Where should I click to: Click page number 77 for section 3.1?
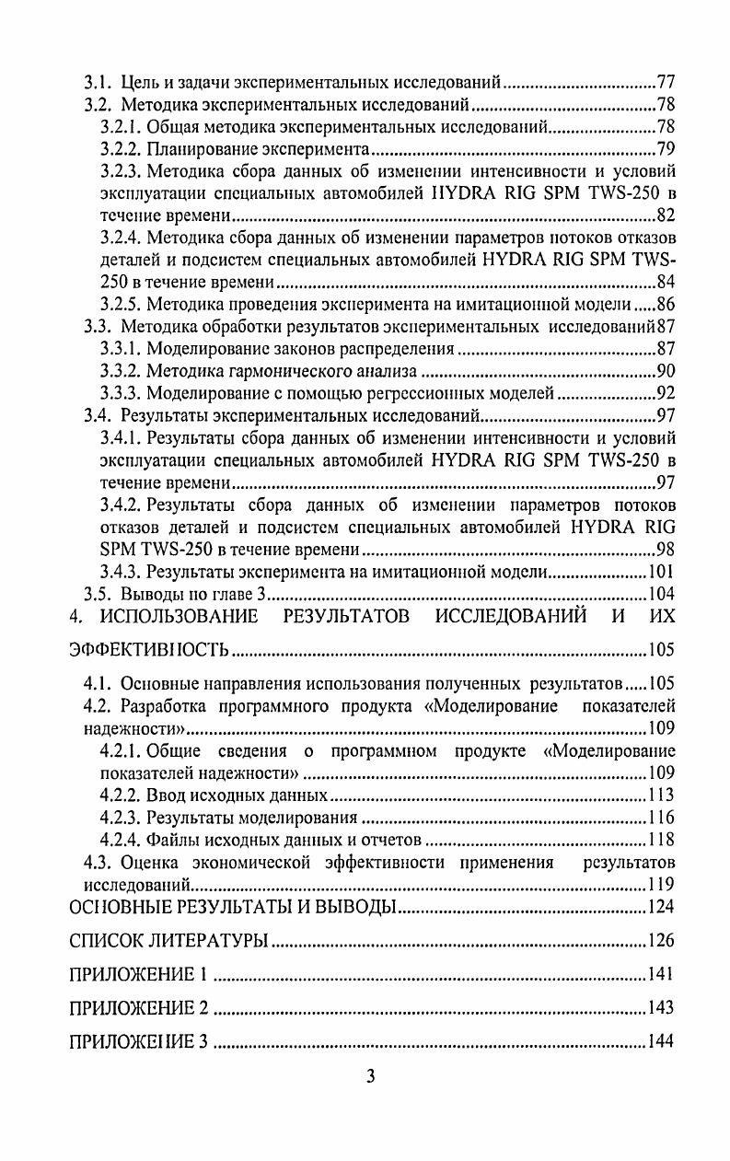(665, 81)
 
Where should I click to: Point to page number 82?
(665, 215)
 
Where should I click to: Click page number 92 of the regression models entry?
(665, 394)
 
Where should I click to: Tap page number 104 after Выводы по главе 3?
(661, 594)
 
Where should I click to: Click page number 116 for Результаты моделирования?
(661, 818)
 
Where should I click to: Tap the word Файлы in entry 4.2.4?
(170, 840)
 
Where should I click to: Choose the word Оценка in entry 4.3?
(146, 863)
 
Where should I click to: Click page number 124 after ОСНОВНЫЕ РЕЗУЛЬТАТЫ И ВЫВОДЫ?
(661, 908)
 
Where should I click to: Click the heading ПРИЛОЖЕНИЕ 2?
(139, 1008)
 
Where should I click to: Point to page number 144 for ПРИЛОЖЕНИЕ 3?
(661, 1042)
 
